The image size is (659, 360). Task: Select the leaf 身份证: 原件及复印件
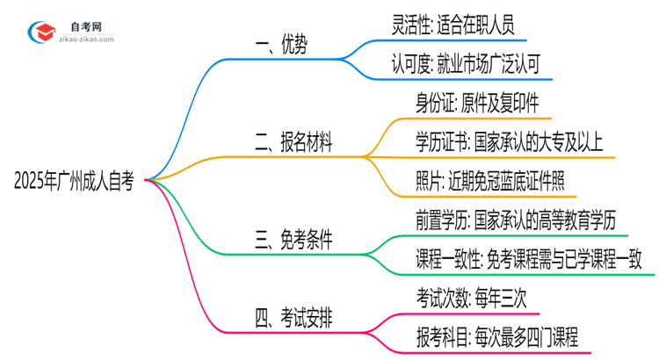tap(469, 103)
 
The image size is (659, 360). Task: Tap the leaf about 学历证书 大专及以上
tap(509, 142)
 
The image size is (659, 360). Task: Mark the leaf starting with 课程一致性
tap(530, 258)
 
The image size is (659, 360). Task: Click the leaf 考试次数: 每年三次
tap(469, 297)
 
